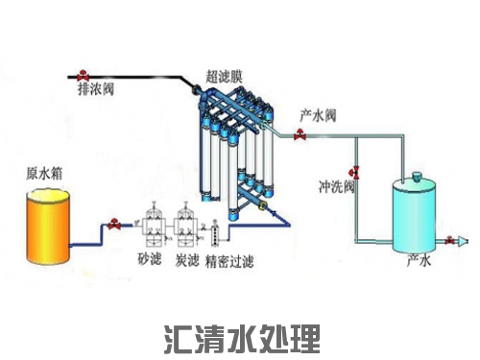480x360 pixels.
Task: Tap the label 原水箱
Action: pyautogui.click(x=42, y=175)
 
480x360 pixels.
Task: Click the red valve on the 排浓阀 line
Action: pyautogui.click(x=84, y=74)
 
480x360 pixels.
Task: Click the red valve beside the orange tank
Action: pyautogui.click(x=114, y=225)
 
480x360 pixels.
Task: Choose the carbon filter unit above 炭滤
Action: pyautogui.click(x=186, y=222)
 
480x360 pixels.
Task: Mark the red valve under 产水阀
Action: pyautogui.click(x=303, y=137)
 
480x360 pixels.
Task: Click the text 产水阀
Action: pyautogui.click(x=317, y=114)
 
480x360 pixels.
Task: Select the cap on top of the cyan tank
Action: pyautogui.click(x=416, y=175)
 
